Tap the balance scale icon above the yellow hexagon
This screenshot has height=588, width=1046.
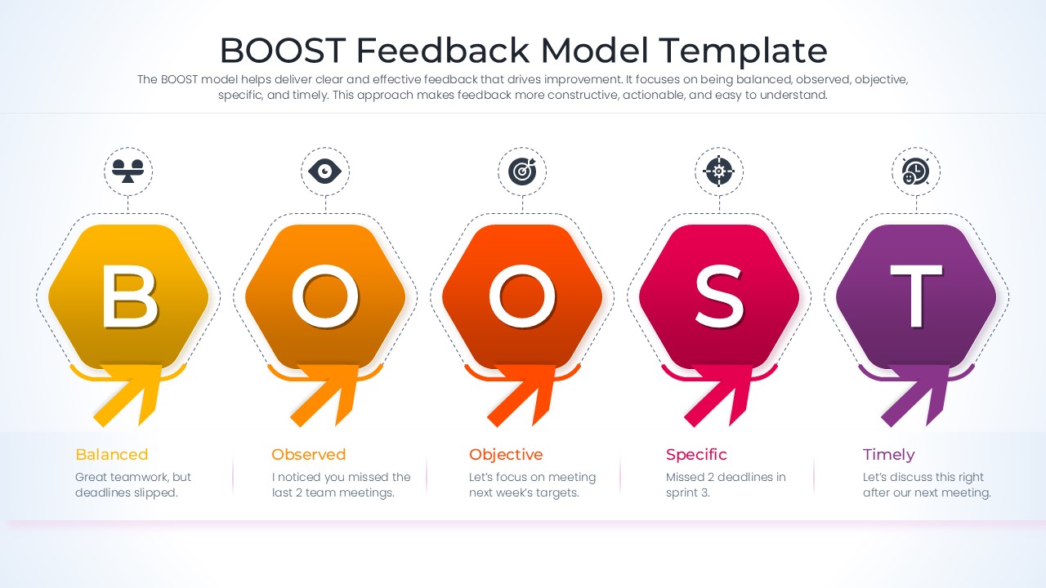pos(128,171)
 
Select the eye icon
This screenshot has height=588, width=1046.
pos(325,171)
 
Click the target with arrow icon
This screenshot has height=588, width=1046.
pos(522,171)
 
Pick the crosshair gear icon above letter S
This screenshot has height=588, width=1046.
pos(719,171)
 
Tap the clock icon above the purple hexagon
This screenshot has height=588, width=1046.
pos(915,171)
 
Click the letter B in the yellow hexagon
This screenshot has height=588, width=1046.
pos(129,296)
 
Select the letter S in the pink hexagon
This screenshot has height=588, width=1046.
pos(719,296)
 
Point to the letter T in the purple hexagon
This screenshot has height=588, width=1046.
pos(916,296)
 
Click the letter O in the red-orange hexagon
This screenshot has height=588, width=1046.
pos(522,296)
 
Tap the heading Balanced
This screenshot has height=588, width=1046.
pos(111,455)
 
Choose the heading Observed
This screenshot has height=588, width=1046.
pos(308,455)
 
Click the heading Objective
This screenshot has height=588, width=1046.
pos(505,455)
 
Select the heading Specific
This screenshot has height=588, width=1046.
pos(695,455)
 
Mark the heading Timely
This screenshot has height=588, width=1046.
pos(888,455)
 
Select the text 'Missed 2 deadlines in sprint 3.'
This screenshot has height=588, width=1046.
pos(726,485)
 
